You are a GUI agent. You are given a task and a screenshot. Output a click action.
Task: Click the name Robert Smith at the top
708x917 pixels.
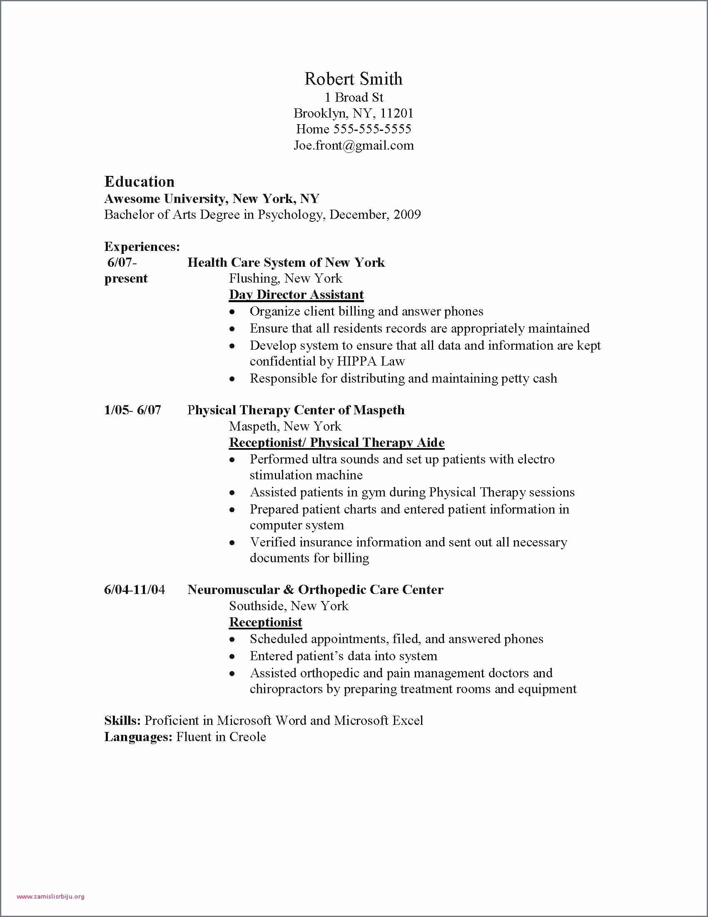[x=353, y=79]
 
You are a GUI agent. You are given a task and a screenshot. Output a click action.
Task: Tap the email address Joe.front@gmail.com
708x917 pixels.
[x=353, y=145]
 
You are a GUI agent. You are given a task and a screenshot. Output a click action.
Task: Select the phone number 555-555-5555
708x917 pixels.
[x=372, y=129]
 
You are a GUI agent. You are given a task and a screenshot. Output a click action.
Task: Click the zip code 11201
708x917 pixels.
[x=397, y=113]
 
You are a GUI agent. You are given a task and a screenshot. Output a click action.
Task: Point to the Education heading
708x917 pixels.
[x=139, y=182]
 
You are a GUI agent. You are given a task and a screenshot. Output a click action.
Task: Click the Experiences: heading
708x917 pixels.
[x=142, y=246]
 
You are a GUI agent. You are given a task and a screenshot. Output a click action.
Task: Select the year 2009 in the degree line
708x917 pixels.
[x=407, y=215]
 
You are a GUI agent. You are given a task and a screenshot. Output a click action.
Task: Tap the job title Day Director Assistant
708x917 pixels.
[x=296, y=295]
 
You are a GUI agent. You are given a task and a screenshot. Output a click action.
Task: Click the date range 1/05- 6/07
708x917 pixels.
[x=132, y=410]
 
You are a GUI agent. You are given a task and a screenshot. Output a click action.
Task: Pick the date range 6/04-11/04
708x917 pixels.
[x=134, y=590]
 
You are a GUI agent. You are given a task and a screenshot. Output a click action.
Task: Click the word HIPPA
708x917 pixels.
[x=352, y=361]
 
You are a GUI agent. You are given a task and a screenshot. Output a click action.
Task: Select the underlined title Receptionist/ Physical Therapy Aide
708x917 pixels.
[x=337, y=443]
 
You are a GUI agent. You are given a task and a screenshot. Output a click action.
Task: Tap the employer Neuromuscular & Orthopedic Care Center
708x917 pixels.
[x=315, y=590]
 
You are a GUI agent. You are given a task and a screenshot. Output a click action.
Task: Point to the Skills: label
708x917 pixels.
[x=122, y=721]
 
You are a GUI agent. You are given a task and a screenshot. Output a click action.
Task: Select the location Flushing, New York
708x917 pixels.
[x=285, y=278]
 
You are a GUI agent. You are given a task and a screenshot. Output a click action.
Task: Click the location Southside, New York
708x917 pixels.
[x=289, y=606]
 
